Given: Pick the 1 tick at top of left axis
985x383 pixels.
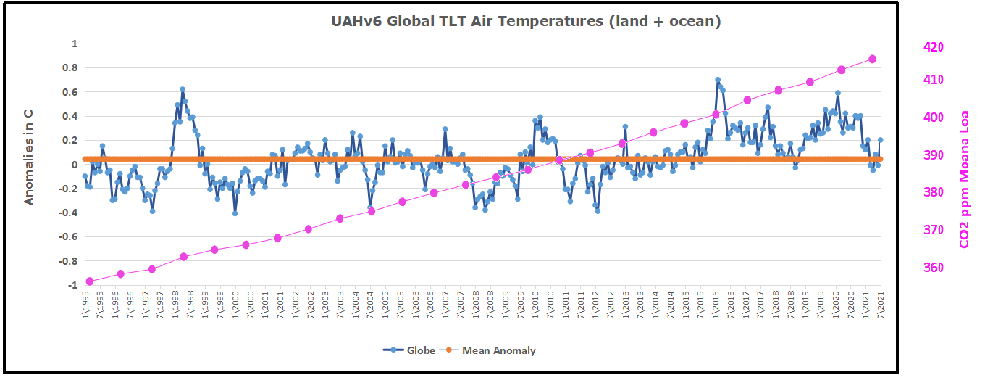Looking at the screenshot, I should pyautogui.click(x=73, y=44).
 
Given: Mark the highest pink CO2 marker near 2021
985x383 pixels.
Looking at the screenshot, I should pyautogui.click(x=873, y=59).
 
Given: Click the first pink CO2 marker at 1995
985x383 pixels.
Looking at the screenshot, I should pyautogui.click(x=89, y=281).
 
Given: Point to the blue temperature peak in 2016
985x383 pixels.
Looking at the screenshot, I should pyautogui.click(x=718, y=80).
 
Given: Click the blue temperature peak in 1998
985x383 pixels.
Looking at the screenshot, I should pyautogui.click(x=183, y=89).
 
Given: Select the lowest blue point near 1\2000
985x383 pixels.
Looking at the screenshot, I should pyautogui.click(x=235, y=213).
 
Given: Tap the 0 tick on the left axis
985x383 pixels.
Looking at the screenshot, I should pyautogui.click(x=73, y=165).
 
